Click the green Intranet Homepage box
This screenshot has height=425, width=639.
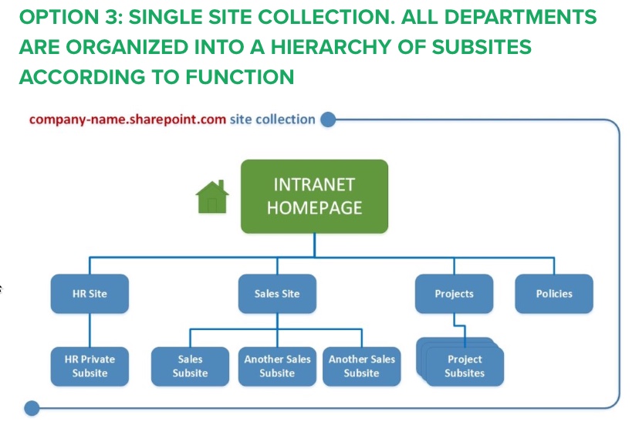314,197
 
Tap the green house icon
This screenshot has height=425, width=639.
212,197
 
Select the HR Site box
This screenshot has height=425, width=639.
90,294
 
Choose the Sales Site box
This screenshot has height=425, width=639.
277,294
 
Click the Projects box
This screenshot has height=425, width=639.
454,294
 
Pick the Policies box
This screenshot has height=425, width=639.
554,294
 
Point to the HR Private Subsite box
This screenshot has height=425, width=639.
90,366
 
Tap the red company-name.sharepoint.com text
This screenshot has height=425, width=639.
127,120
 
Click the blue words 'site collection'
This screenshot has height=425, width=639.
272,120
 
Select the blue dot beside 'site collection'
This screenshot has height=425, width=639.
328,120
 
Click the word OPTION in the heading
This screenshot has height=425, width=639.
59,17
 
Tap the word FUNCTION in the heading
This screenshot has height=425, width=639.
239,77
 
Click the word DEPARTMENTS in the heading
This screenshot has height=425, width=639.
520,17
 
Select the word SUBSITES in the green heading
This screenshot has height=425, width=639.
482,47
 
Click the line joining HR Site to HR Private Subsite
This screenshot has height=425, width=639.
90,330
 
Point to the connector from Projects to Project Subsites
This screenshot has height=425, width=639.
460,325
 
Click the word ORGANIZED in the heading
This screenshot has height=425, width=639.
127,47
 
